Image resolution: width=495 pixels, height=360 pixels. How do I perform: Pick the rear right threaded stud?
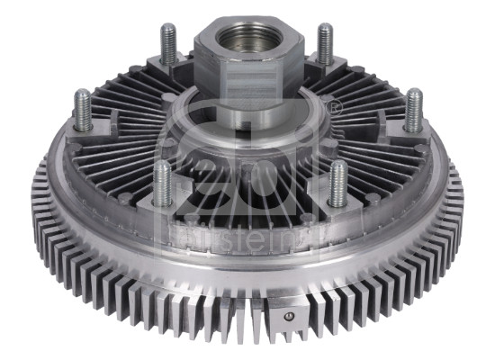tap(325, 42)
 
